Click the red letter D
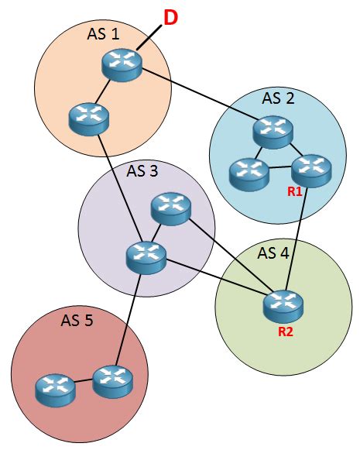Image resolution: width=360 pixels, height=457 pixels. pyautogui.click(x=170, y=17)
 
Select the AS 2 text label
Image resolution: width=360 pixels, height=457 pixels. pyautogui.click(x=279, y=98)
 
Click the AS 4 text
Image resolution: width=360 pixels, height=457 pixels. pyautogui.click(x=273, y=253)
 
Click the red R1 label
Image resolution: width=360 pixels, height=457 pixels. pyautogui.click(x=294, y=191)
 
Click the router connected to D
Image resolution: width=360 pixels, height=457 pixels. pyautogui.click(x=122, y=66)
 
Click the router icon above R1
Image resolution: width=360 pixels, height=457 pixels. pyautogui.click(x=311, y=167)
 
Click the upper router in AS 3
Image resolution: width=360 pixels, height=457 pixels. pyautogui.click(x=171, y=208)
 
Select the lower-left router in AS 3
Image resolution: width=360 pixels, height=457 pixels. pyautogui.click(x=145, y=256)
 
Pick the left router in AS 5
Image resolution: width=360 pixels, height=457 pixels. pyautogui.click(x=56, y=387)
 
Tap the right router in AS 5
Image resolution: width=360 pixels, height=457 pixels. pyautogui.click(x=114, y=380)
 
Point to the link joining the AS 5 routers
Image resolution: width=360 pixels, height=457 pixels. pyautogui.click(x=84, y=382)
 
